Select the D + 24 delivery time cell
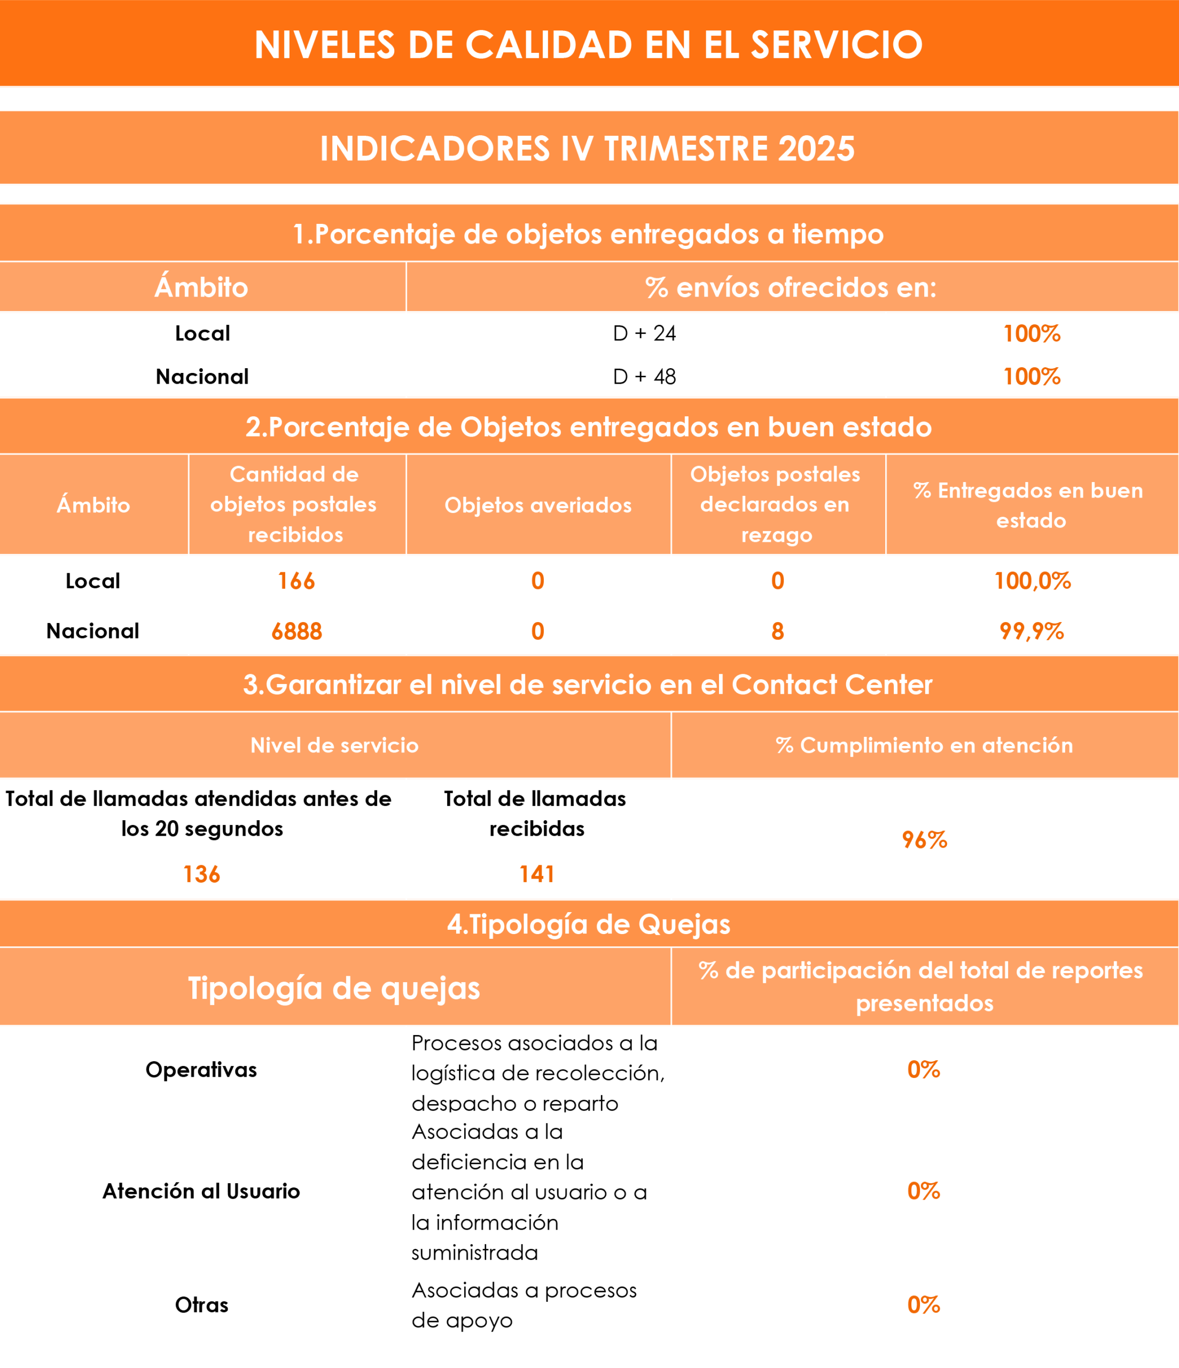644,333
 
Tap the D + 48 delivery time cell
644,377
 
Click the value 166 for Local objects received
296,581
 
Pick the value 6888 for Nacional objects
296,631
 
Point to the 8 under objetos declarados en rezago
778,631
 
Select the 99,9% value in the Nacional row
1032,631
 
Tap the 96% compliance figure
924,840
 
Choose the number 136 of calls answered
201,874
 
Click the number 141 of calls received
537,874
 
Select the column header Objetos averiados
538,505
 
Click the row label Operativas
201,1070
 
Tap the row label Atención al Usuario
201,1191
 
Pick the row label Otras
201,1304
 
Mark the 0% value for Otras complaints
924,1304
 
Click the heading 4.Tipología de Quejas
589,924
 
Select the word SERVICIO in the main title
837,45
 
